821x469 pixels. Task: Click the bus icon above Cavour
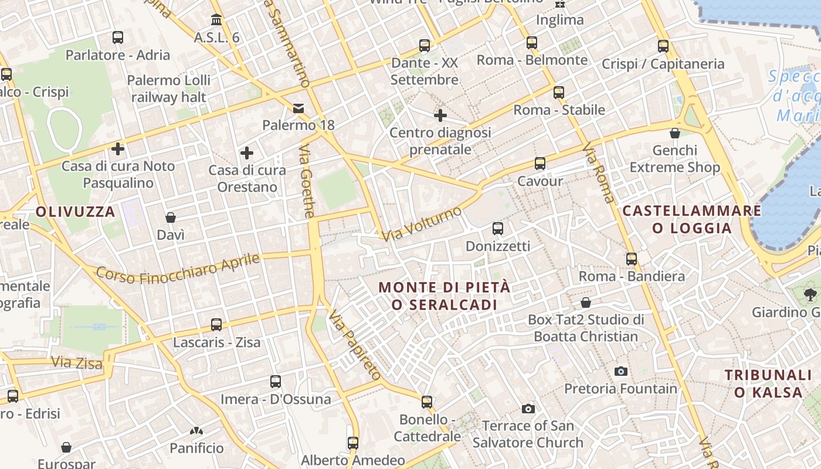tap(540, 164)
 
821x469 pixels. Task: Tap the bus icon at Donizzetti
tap(497, 229)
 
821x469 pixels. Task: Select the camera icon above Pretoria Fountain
tap(620, 371)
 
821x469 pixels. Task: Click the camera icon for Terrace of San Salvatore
tap(528, 409)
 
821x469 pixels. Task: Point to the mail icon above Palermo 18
tap(298, 108)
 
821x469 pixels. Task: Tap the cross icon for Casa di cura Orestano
tap(247, 153)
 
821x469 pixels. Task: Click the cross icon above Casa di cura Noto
tap(118, 149)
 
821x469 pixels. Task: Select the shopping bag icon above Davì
tap(171, 217)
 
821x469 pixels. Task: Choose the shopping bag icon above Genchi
tap(674, 133)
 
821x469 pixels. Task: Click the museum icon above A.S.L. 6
tap(216, 20)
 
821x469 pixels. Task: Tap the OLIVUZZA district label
tap(76, 212)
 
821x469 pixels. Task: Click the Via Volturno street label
tap(422, 224)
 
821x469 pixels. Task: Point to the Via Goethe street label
tap(307, 182)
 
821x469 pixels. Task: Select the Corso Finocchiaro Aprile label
tap(177, 267)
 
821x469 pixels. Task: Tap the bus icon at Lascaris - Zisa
tap(216, 324)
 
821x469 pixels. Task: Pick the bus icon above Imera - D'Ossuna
tap(276, 382)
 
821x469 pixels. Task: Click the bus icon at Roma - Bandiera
tap(631, 259)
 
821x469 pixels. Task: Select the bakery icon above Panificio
tap(196, 431)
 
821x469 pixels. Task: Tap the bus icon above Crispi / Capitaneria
tap(663, 46)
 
